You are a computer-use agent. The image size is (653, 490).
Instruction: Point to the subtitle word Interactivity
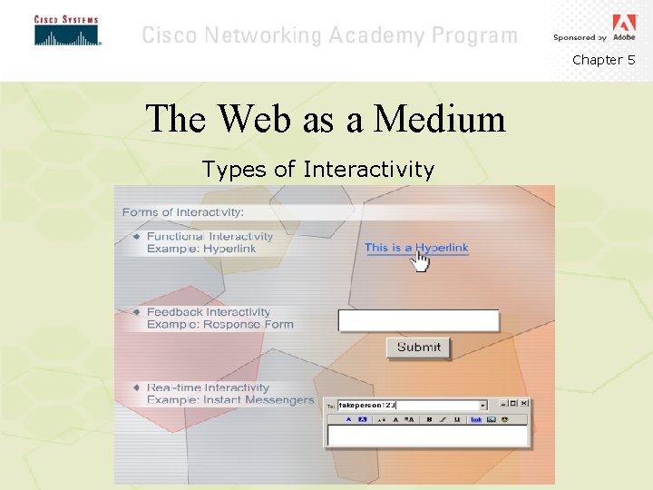(369, 170)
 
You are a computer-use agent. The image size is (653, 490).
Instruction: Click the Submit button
(418, 347)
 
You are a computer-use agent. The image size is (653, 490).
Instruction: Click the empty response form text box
(418, 320)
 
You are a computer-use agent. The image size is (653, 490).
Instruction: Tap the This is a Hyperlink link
(416, 247)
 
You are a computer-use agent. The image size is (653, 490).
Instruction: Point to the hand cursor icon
(421, 261)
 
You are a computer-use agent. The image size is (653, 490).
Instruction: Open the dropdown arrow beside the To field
(482, 405)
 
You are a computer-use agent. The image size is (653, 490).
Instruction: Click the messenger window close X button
(523, 404)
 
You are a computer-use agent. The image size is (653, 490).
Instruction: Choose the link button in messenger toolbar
(476, 419)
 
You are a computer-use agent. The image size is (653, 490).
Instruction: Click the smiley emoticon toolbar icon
(503, 419)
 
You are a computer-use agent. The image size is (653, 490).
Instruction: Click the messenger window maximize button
(512, 404)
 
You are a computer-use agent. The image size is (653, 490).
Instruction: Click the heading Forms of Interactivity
(183, 211)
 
